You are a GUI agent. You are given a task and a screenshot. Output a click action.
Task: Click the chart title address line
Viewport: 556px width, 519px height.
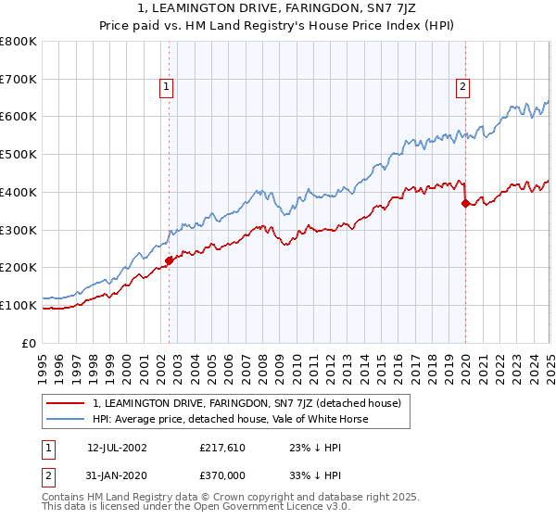(278, 9)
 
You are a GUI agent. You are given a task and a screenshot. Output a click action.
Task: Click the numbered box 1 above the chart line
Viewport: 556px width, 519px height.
(166, 88)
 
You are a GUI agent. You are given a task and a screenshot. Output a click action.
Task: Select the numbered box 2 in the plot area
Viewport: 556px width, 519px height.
(461, 88)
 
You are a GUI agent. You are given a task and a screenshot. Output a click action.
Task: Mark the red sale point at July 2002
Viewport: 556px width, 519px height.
(170, 261)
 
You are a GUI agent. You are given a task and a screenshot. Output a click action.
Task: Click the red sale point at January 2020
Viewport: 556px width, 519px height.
(465, 204)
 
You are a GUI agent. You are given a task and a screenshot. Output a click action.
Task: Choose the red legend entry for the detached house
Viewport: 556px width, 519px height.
(246, 403)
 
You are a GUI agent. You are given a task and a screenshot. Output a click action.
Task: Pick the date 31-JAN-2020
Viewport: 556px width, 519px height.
(117, 476)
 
